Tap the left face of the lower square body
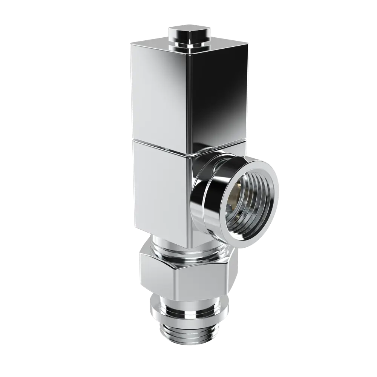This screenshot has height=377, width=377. pos(158,188)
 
